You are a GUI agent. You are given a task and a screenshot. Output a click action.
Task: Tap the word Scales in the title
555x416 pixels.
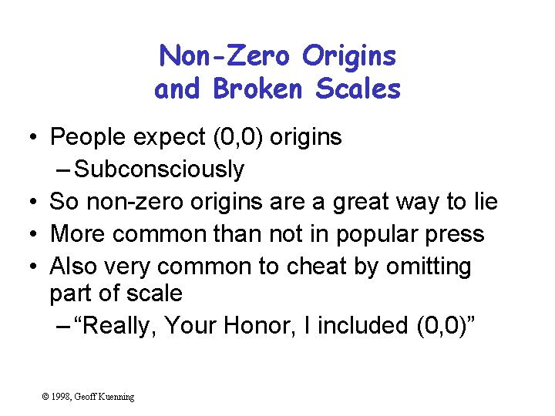(x=358, y=89)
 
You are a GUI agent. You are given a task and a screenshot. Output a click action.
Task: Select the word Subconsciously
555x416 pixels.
(x=160, y=169)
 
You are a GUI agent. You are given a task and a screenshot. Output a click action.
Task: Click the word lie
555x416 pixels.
(x=483, y=202)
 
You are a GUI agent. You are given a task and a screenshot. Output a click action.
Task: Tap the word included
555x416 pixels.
(x=362, y=326)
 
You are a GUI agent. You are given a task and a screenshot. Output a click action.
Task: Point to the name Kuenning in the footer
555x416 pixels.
(x=116, y=397)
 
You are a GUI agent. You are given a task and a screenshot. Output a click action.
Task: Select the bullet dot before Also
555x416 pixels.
(x=27, y=267)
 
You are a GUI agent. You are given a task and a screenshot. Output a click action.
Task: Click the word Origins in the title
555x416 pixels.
(x=349, y=55)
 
